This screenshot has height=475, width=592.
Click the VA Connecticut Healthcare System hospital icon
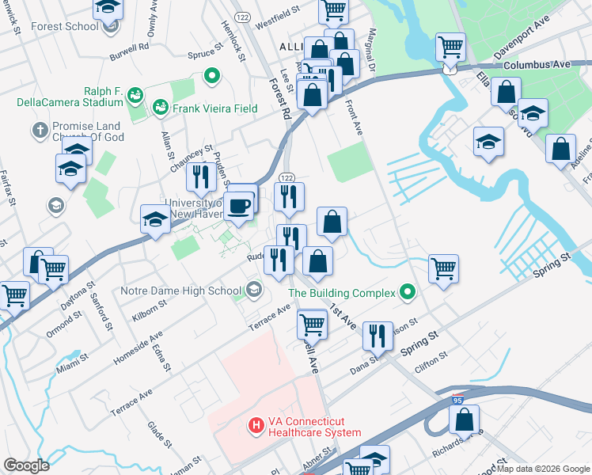tap(256, 426)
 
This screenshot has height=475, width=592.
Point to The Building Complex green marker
tap(408, 293)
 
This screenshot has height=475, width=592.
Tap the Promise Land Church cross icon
tap(40, 128)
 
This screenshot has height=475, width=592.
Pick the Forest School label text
tap(65, 26)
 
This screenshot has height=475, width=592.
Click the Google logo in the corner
tap(26, 465)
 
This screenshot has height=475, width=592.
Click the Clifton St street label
tap(431, 359)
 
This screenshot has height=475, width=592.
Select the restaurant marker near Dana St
tap(378, 336)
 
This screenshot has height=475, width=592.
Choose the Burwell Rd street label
tap(130, 47)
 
